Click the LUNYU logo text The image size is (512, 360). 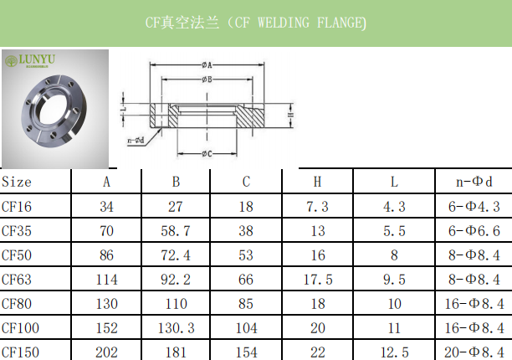click(x=36, y=60)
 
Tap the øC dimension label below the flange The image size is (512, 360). click(x=207, y=153)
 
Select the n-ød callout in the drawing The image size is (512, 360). click(x=136, y=140)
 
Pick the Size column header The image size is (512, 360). click(x=17, y=182)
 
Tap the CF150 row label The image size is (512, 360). click(x=20, y=352)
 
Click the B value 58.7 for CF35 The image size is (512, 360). click(x=176, y=230)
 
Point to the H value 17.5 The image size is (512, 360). click(x=317, y=279)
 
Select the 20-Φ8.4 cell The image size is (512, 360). click(x=474, y=352)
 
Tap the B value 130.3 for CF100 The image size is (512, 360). click(x=176, y=327)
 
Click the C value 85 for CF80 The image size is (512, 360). click(x=246, y=303)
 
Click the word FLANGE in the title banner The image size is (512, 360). click(x=334, y=23)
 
